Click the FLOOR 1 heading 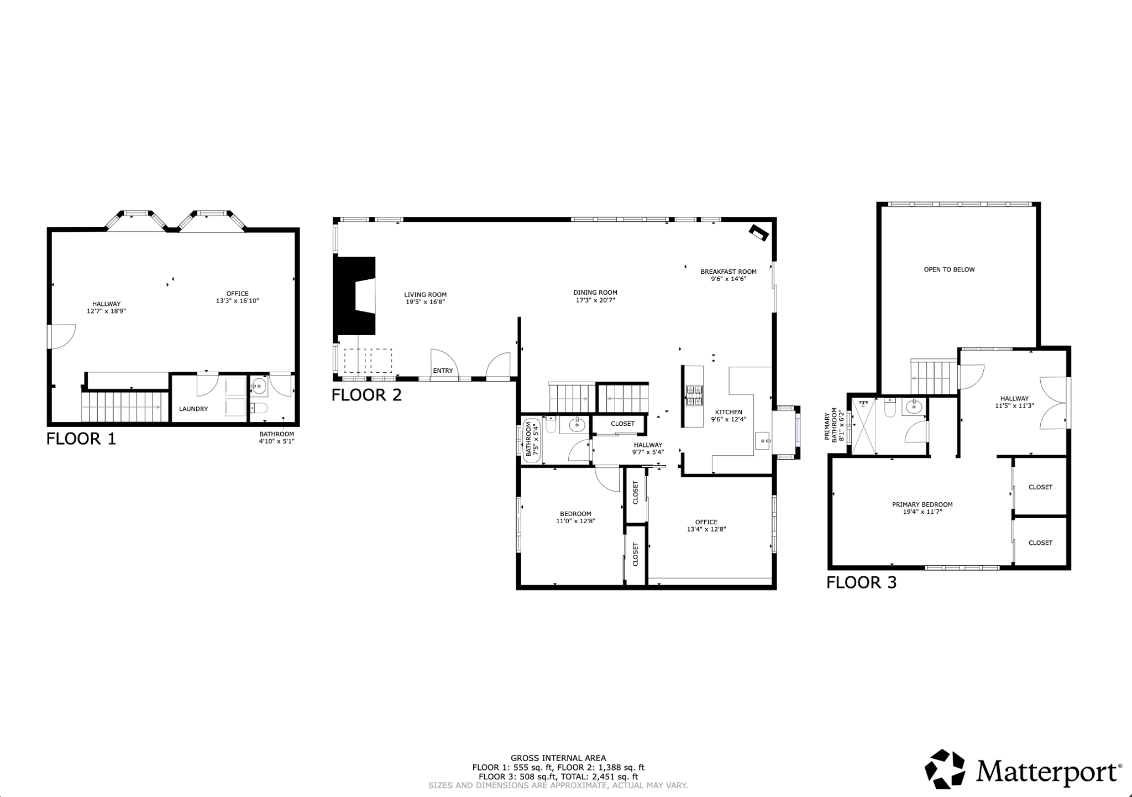pos(81,439)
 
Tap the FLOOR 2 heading pos(366,395)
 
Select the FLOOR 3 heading pos(861,582)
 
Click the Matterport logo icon pos(945,769)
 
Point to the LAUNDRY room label pos(193,409)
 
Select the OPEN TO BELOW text pos(949,269)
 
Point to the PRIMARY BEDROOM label pos(922,504)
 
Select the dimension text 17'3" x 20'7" pos(595,300)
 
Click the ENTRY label pos(443,371)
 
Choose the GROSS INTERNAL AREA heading pos(558,758)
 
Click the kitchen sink pos(763,441)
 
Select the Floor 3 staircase pos(934,378)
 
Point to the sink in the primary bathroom pos(914,408)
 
